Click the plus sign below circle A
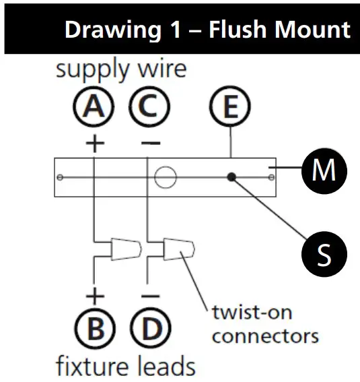point(94,144)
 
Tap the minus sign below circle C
point(150,144)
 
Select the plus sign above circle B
point(95,295)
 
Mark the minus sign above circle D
point(150,295)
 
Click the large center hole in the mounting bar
point(165,177)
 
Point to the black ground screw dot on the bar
point(231,177)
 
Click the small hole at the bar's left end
point(61,177)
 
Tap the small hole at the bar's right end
point(271,177)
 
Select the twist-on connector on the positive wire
point(125,250)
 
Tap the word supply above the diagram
point(88,69)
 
